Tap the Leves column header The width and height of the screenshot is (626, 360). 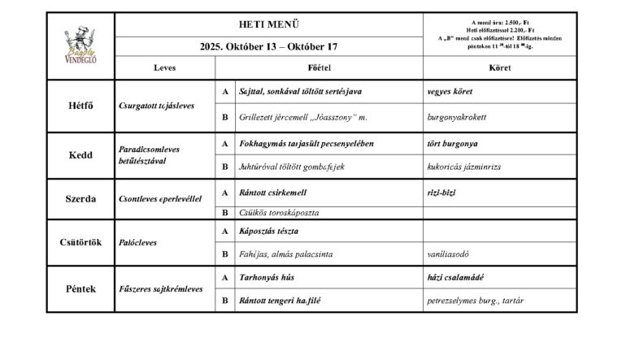[164, 68]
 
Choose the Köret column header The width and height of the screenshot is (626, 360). [500, 68]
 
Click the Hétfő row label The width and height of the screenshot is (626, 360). [80, 106]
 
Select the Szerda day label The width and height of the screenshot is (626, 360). [80, 197]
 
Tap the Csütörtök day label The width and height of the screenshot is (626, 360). [80, 242]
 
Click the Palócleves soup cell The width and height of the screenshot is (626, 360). [139, 242]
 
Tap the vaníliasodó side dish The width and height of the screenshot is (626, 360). [455, 254]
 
